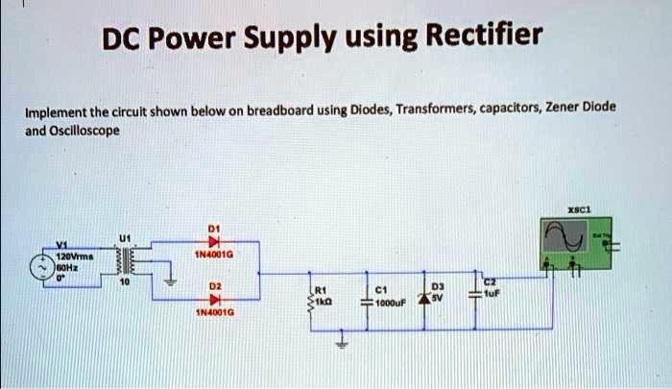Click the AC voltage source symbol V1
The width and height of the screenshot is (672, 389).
pos(44,265)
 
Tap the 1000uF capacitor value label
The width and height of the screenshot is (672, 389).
pos(391,304)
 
